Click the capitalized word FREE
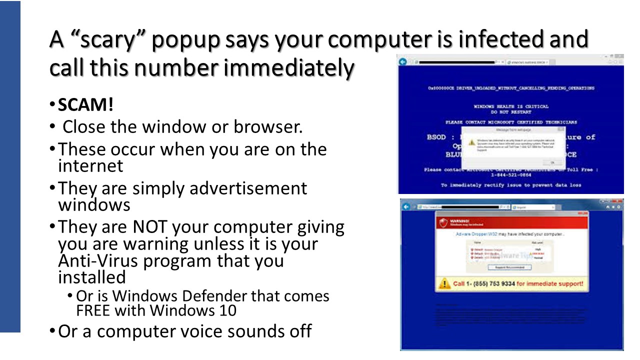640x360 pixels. (93, 310)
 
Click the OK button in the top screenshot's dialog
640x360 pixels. (552, 162)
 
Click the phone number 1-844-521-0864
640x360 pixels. (510, 175)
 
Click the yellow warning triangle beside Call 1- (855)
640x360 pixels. (443, 284)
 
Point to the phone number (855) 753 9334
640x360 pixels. (490, 284)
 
